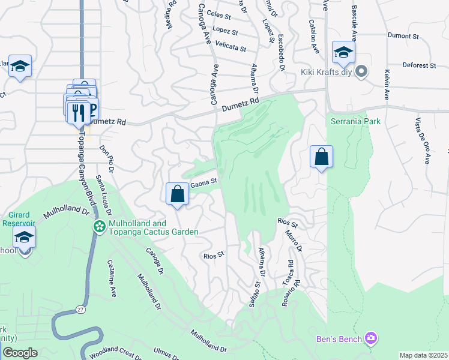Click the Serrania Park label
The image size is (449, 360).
tap(355, 121)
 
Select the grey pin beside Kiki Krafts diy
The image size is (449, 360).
tap(361, 73)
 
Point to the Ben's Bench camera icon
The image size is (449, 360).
tap(372, 339)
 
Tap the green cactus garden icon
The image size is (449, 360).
tap(98, 226)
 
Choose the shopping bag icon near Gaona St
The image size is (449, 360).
tap(177, 194)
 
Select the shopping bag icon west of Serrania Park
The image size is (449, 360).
tap(321, 157)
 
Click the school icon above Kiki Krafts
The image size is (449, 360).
tap(343, 52)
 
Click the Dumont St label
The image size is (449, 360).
tap(403, 37)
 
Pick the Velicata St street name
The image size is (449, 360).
tap(231, 47)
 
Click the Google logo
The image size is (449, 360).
tap(20, 353)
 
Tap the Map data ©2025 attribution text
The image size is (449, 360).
tap(423, 355)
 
